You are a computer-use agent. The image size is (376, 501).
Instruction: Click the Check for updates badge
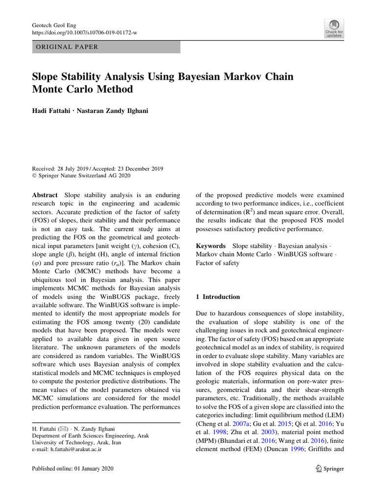coord(334,28)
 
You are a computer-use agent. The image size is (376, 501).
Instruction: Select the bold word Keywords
coord(211,246)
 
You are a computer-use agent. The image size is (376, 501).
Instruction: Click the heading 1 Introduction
coord(218,297)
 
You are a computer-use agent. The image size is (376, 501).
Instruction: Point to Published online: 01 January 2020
coord(72,469)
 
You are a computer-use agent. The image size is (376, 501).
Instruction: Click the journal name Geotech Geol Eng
coord(54,24)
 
